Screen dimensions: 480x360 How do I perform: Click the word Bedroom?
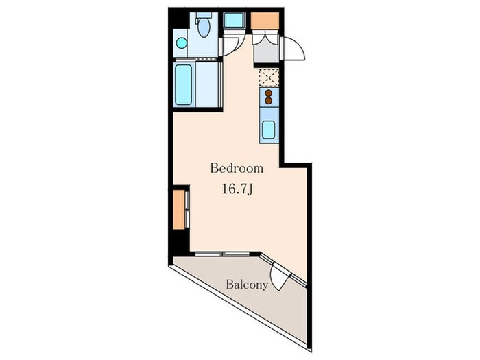coord(237,169)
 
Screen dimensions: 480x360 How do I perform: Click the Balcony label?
coord(247,285)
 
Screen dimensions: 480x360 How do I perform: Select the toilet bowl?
coord(204,27)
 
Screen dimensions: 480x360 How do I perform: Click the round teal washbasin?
coord(182,43)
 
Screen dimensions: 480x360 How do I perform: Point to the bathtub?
coord(184,84)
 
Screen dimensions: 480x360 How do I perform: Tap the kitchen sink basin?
coord(269,130)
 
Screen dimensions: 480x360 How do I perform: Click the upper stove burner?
coord(269,93)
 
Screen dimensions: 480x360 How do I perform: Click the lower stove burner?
coord(269,100)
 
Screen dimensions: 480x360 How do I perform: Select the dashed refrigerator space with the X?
coord(269,77)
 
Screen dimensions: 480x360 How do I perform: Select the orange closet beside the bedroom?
coord(179,210)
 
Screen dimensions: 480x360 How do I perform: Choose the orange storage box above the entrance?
coord(265,21)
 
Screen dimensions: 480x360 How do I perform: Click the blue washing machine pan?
coord(234,20)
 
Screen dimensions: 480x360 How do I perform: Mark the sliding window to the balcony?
coord(222,254)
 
